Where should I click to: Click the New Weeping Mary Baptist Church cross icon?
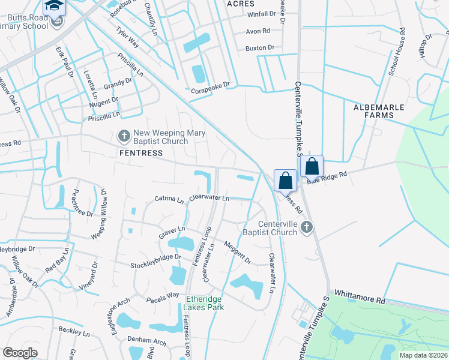click(x=124, y=136)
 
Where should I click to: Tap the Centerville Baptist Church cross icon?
click(x=307, y=227)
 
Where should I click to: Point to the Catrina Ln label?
click(x=169, y=199)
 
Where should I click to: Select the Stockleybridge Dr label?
click(x=156, y=261)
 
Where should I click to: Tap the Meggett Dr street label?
click(x=237, y=252)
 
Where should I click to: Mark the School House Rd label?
click(x=396, y=51)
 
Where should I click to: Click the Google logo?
click(x=20, y=353)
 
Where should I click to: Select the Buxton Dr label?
click(x=259, y=47)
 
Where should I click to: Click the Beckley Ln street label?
click(x=74, y=331)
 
